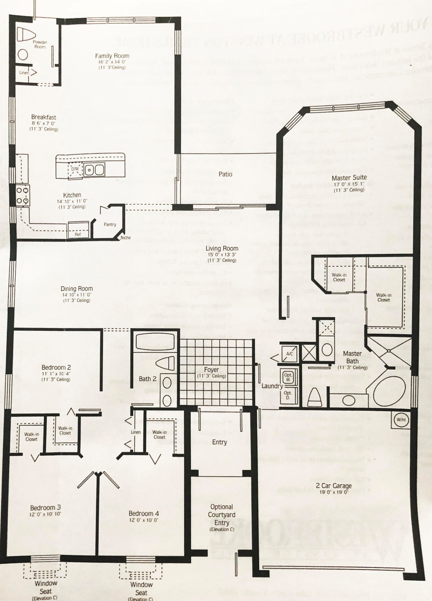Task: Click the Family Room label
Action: [x=112, y=56]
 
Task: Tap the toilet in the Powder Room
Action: [x=26, y=34]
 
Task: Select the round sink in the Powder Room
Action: [x=23, y=55]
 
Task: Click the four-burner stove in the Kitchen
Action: [x=22, y=195]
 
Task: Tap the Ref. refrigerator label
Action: [x=78, y=234]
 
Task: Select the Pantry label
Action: [x=110, y=224]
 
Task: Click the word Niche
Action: [x=126, y=238]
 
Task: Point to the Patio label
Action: [x=225, y=174]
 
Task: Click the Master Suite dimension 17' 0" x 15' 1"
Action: [x=349, y=184]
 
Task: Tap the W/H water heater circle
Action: [x=401, y=420]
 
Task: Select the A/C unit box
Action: [x=289, y=354]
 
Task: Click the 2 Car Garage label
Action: [x=334, y=485]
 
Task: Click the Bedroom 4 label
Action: [x=144, y=513]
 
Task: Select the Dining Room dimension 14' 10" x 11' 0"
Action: [x=76, y=295]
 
